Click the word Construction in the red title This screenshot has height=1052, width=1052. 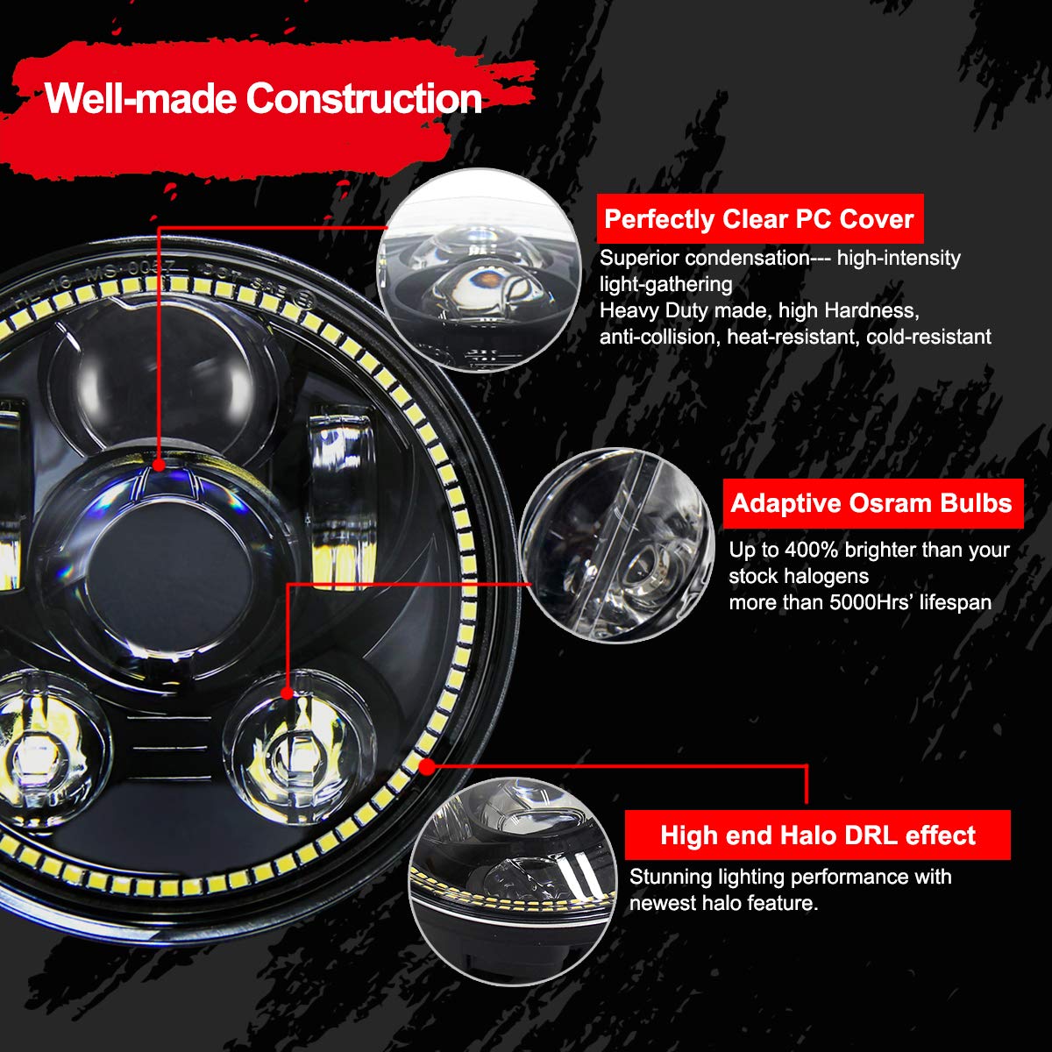(364, 98)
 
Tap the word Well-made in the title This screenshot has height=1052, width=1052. (141, 98)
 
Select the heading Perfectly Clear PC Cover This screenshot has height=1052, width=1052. (759, 219)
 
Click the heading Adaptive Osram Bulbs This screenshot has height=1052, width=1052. (871, 503)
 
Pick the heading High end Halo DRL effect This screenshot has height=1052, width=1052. (818, 835)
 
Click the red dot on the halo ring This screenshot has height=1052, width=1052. (427, 766)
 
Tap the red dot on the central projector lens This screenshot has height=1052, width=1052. (159, 465)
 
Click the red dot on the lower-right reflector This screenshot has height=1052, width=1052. (287, 693)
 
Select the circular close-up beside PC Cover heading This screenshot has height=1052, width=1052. (480, 270)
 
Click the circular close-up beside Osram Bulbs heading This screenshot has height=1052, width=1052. (617, 545)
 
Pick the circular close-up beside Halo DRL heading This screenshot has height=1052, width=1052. (513, 882)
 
